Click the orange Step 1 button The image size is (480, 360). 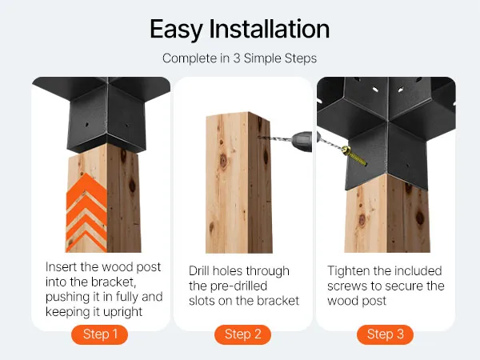[x=99, y=334]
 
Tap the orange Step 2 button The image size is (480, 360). [x=242, y=334]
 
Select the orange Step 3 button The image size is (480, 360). [x=385, y=334]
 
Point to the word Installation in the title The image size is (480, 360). [x=269, y=29]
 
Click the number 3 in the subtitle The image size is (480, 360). [x=237, y=58]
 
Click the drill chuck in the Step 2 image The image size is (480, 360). [x=302, y=141]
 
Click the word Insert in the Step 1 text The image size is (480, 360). [x=62, y=266]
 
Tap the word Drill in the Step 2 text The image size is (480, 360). [x=199, y=270]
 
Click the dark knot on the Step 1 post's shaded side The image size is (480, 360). [x=133, y=186]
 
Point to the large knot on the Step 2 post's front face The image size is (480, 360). [x=223, y=161]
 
